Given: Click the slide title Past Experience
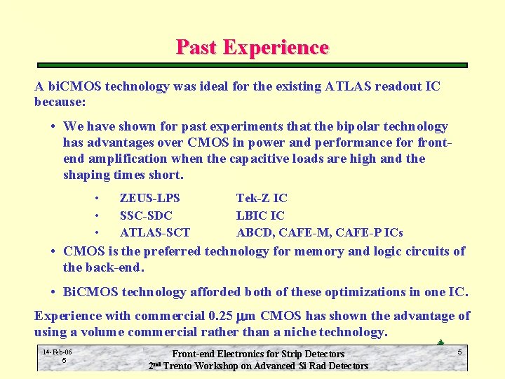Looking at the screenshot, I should (x=252, y=47).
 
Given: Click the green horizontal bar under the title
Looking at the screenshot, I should (x=252, y=65).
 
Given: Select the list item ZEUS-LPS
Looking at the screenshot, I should (x=150, y=199).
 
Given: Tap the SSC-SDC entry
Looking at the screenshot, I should (x=146, y=215).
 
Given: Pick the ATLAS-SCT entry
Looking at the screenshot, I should (x=155, y=232).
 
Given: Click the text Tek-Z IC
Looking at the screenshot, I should (x=262, y=199).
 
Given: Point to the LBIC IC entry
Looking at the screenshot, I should (x=260, y=215).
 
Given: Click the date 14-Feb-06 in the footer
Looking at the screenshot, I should (x=57, y=352).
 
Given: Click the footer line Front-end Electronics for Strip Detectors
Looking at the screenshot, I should (x=258, y=354).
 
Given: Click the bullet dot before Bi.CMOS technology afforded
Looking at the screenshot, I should (x=53, y=292).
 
